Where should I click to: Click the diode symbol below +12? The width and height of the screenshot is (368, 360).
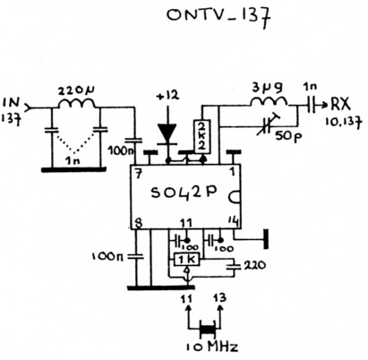[x=167, y=132]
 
